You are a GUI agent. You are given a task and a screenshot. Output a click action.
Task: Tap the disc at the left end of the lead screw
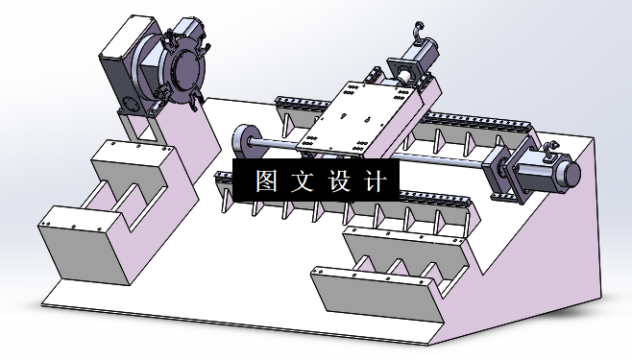point(241,140)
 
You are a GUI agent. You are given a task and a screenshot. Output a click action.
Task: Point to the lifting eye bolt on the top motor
point(420,29)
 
